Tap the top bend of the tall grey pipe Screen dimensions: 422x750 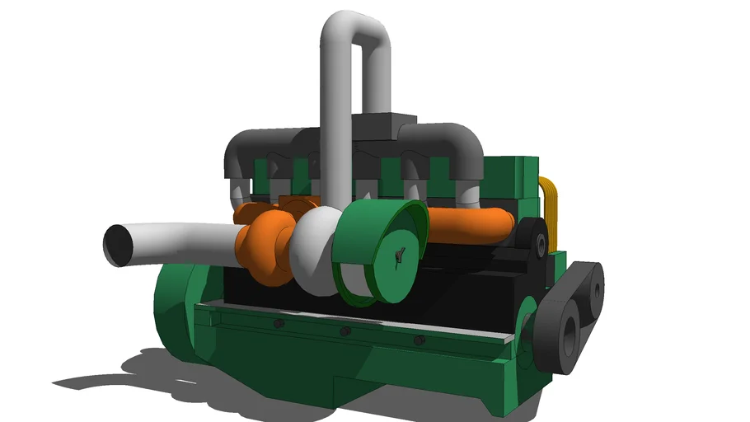355,29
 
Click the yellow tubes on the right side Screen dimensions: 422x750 549,210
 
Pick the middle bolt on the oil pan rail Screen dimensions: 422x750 345,331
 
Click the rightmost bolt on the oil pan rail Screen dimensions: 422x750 420,339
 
